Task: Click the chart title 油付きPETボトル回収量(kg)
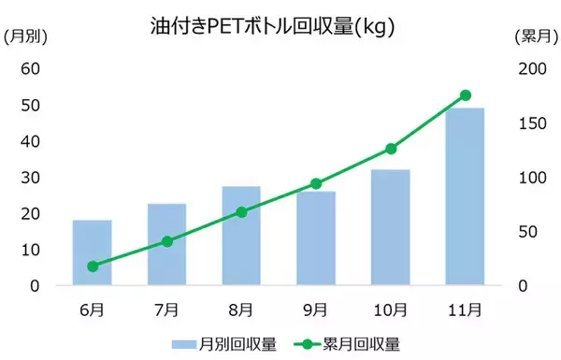click(x=271, y=27)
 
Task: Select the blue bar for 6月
click(x=93, y=252)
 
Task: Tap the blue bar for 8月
click(x=241, y=236)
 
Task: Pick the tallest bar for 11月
click(x=465, y=196)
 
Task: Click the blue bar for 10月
click(x=391, y=227)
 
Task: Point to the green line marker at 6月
click(x=93, y=266)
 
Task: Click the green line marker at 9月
click(x=316, y=183)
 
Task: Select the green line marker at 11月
click(x=466, y=95)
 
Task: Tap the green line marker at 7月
click(x=167, y=241)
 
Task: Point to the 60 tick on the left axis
click(x=31, y=68)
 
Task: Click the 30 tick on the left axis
click(x=31, y=178)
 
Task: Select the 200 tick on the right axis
click(x=531, y=68)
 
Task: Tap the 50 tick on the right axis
click(x=527, y=232)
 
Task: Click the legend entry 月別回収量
click(x=224, y=344)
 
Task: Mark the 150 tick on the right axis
click(x=531, y=123)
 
